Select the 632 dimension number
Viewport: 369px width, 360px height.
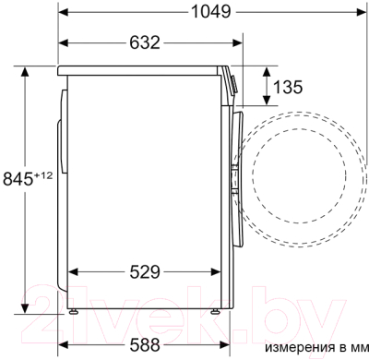141,42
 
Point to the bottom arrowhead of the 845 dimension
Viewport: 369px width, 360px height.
26,310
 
